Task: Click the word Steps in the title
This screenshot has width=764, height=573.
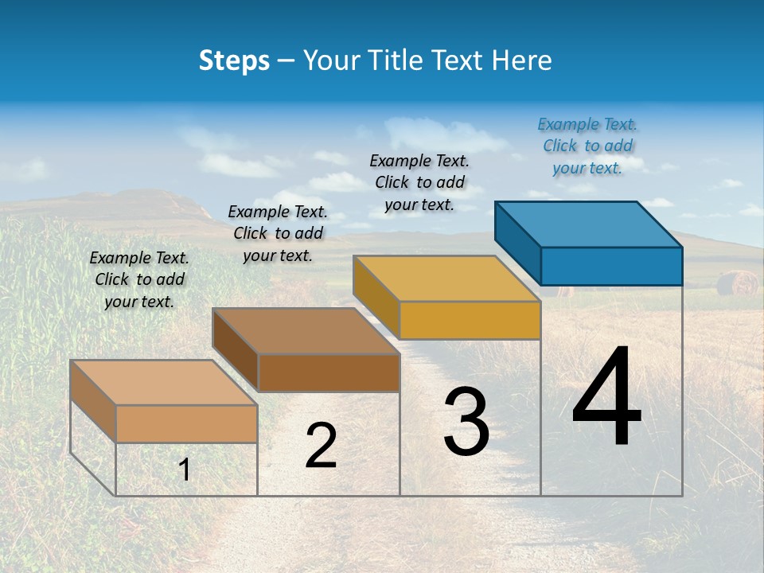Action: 234,60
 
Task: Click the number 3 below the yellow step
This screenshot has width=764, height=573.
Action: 466,422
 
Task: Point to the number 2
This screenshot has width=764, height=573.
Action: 321,446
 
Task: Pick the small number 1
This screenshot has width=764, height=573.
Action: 185,470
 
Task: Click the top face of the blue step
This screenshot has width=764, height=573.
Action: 589,224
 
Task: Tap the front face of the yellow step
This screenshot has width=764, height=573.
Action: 470,320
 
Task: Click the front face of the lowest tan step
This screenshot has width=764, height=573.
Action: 186,423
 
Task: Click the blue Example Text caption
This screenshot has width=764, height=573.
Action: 587,146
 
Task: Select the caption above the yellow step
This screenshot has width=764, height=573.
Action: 419,182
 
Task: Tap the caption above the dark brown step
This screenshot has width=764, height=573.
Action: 278,233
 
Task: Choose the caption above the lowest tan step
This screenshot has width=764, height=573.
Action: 139,279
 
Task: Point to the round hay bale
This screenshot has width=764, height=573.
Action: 736,283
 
